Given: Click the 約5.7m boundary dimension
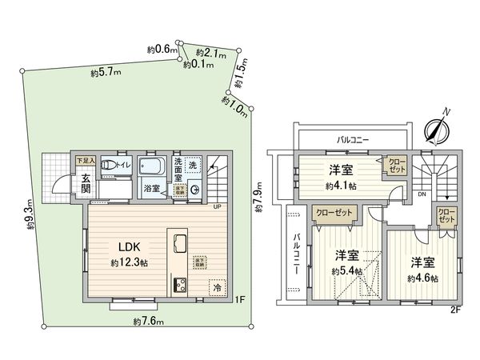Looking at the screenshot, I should click(105, 73).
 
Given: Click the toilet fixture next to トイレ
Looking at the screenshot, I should click(106, 166).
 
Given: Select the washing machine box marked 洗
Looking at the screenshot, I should click(192, 165).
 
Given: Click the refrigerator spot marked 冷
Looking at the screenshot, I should click(215, 286).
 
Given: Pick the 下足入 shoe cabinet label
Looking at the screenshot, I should click(86, 161).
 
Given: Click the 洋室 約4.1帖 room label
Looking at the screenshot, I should click(342, 176).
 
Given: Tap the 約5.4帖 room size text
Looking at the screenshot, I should click(347, 270).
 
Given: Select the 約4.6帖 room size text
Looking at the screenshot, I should click(422, 278).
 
